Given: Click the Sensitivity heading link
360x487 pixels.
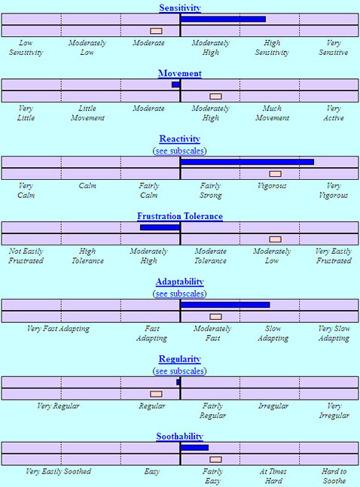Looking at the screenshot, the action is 180,8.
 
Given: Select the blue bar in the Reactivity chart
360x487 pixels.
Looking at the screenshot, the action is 247,162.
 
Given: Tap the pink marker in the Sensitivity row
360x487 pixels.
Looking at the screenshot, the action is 156,31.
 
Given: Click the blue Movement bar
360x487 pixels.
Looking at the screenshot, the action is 175,84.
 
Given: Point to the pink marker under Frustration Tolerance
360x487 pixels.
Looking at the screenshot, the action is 276,239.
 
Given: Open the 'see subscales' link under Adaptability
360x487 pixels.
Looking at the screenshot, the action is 180,294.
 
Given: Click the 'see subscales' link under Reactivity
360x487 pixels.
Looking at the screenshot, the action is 180,151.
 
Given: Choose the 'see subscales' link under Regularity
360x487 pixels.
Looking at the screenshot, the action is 180,371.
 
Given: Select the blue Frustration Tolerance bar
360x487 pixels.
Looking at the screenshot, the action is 160,227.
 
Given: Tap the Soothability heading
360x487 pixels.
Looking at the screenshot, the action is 180,437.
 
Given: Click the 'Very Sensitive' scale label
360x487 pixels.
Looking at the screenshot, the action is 334,47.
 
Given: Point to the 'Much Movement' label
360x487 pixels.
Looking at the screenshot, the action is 272,113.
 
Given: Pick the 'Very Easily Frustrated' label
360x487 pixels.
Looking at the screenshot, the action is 334,256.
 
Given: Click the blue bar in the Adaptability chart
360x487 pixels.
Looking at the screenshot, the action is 225,305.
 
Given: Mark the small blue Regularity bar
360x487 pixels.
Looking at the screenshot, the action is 178,382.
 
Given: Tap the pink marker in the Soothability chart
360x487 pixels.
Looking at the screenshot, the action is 215,459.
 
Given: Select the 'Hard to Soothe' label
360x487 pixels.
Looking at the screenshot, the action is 334,476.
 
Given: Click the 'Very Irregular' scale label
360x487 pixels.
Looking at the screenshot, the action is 334,410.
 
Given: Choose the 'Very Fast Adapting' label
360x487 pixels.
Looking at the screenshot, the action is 58,329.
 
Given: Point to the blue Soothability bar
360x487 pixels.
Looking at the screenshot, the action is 194,448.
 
